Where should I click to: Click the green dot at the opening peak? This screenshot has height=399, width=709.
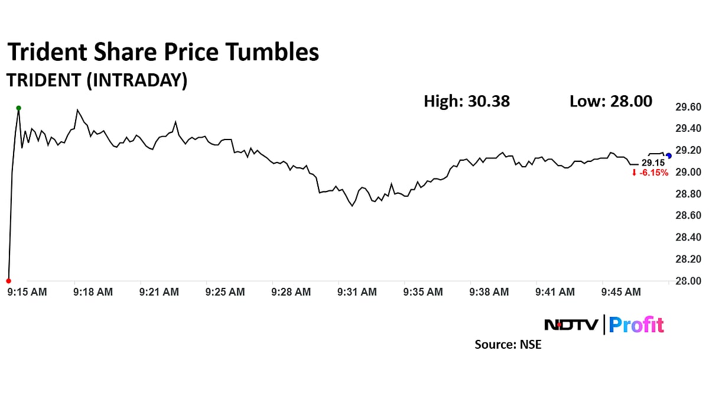coord(19,108)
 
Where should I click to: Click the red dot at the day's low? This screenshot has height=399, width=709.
coord(8,281)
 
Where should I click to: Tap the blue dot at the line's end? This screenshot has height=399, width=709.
coord(668,156)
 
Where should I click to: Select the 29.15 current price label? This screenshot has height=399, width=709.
coord(653,163)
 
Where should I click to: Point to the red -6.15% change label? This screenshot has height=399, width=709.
coord(650,173)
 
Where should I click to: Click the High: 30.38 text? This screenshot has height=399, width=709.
coord(467,101)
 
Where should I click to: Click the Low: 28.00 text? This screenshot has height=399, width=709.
coord(611,101)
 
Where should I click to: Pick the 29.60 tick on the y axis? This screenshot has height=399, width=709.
coord(688,107)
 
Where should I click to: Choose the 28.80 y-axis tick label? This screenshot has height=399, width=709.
coord(688,194)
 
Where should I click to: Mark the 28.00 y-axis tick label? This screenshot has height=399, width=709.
coord(688,281)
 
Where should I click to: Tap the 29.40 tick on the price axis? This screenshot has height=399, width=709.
coord(688,129)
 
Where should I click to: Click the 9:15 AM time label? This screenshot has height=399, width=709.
coord(26,292)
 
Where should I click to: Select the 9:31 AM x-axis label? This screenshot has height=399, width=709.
coord(357,292)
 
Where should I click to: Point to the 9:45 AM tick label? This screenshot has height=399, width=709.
coord(621,292)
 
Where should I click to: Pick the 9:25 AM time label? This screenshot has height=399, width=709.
coord(225,292)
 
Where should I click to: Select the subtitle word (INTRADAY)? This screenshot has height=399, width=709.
coord(136,81)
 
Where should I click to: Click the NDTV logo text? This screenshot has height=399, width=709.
coord(571,325)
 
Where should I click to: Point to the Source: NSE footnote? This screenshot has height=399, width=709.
coord(508,344)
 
